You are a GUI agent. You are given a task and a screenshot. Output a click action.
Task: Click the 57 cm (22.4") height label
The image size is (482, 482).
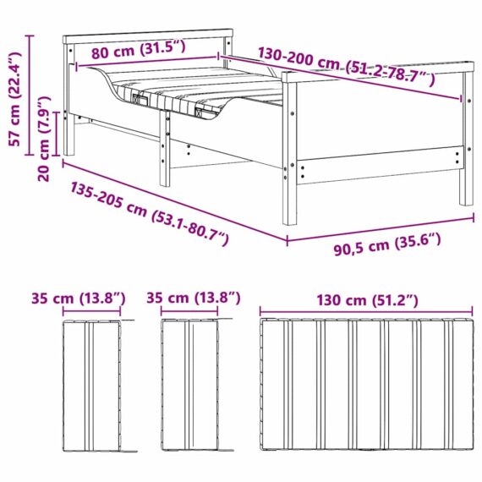[15, 99]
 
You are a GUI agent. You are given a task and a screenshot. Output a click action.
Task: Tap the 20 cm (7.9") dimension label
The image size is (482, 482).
[44, 139]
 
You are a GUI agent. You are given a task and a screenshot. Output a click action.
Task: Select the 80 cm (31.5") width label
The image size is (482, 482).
[139, 50]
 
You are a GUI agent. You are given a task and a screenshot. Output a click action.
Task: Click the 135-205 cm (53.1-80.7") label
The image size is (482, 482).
[150, 213]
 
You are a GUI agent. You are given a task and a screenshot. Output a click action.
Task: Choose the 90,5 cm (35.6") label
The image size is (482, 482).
[387, 244]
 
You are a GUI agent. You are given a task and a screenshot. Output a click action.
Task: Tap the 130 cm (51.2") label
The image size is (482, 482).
[367, 300]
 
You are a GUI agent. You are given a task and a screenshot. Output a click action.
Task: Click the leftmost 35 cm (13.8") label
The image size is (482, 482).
[79, 299]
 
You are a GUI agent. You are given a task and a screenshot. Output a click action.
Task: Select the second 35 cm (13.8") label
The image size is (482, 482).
[194, 298]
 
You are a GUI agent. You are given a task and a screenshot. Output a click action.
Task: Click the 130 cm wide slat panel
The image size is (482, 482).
[366, 384]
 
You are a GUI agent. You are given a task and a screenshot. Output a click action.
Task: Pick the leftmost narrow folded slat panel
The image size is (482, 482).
[91, 386]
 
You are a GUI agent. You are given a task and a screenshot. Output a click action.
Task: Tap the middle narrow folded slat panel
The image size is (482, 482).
[189, 385]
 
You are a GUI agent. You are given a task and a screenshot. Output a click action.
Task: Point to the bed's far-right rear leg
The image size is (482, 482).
[467, 139]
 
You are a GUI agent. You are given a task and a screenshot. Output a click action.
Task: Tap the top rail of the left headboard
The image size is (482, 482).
[148, 36]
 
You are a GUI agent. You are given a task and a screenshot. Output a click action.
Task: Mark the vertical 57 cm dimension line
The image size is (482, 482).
[30, 96]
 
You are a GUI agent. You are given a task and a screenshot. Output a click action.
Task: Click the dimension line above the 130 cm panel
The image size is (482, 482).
[366, 311]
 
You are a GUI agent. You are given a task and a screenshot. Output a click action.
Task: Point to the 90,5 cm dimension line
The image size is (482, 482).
[381, 228]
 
